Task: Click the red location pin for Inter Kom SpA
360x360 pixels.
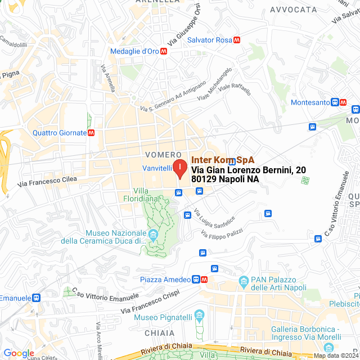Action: [179, 168]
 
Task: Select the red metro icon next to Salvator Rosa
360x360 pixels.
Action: [237, 40]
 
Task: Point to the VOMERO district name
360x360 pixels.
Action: [163, 154]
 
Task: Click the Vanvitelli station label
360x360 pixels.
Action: [156, 168]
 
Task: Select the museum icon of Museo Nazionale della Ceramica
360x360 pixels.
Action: [153, 233]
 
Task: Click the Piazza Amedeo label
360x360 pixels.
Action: [165, 280]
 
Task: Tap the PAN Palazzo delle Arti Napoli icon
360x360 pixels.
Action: [244, 280]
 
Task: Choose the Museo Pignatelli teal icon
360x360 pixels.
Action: [198, 314]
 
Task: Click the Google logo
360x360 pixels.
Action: [19, 353]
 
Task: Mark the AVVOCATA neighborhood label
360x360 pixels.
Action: [293, 10]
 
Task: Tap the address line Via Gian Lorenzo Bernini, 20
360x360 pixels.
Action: [249, 169]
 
